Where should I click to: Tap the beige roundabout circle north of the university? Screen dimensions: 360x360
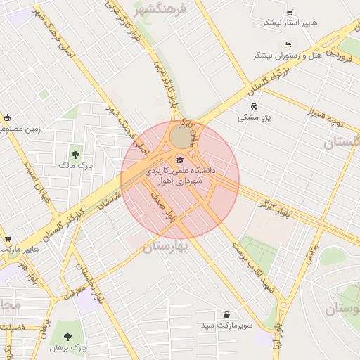179,135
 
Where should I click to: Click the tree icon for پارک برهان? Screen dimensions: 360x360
68,336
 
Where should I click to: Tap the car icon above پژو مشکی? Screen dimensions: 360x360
254,107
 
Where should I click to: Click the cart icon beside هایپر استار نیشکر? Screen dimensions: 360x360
290,13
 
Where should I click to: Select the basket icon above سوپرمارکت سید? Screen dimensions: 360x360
226,314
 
